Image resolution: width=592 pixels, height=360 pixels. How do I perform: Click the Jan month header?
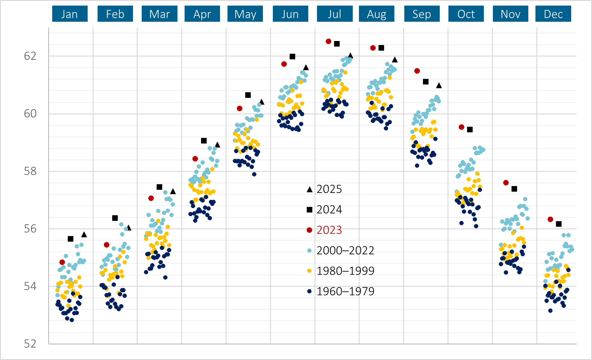[70, 14]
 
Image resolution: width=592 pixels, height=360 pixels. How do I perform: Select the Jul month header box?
[335, 14]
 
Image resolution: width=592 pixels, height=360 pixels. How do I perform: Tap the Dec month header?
[553, 14]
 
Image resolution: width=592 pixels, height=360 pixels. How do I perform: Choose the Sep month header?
[422, 14]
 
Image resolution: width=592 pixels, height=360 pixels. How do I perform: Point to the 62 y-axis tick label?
[30, 56]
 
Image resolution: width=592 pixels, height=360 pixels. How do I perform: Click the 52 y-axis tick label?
[30, 344]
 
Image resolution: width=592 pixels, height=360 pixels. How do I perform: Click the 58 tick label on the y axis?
[30, 171]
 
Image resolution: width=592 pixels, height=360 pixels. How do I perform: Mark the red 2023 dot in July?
[328, 41]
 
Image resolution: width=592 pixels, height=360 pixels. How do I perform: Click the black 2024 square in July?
[337, 44]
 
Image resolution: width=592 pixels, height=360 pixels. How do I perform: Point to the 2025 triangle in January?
[84, 235]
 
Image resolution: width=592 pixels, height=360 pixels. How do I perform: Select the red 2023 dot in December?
[550, 219]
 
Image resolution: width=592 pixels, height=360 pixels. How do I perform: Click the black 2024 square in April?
[204, 141]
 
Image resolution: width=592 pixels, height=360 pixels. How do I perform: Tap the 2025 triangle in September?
[439, 85]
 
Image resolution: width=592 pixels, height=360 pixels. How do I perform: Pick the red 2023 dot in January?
[62, 262]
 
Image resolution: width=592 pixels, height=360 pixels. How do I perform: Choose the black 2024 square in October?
[470, 130]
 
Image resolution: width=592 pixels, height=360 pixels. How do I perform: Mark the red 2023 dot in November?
[506, 183]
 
